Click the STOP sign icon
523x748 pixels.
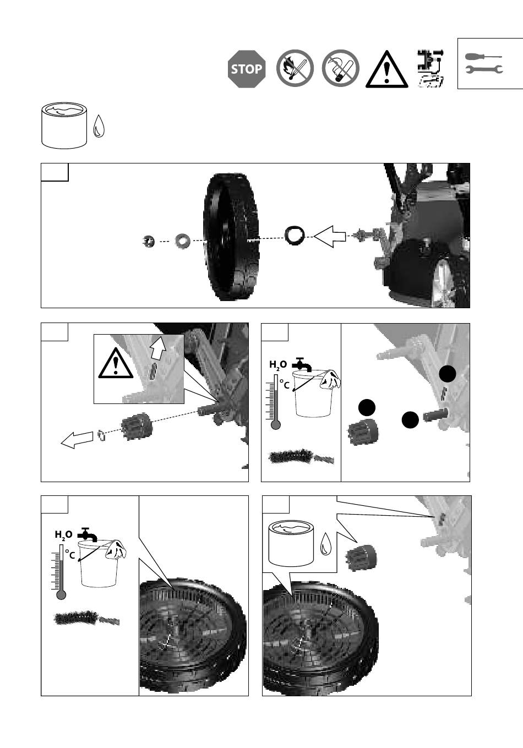[247, 69]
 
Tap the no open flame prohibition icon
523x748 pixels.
[295, 68]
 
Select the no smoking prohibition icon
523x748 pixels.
[340, 68]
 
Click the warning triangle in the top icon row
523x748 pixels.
[386, 69]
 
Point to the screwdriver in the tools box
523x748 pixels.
[483, 56]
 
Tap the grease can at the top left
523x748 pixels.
[64, 125]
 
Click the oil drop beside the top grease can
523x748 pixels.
[99, 126]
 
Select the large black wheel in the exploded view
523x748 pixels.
[231, 237]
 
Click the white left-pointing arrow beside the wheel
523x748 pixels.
[330, 237]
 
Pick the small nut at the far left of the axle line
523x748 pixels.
[148, 241]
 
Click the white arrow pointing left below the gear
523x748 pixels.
[77, 440]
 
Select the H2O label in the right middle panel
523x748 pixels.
[278, 365]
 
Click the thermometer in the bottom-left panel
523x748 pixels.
[61, 572]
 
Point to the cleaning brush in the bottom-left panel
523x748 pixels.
[86, 619]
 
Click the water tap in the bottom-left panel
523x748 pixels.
[88, 534]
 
